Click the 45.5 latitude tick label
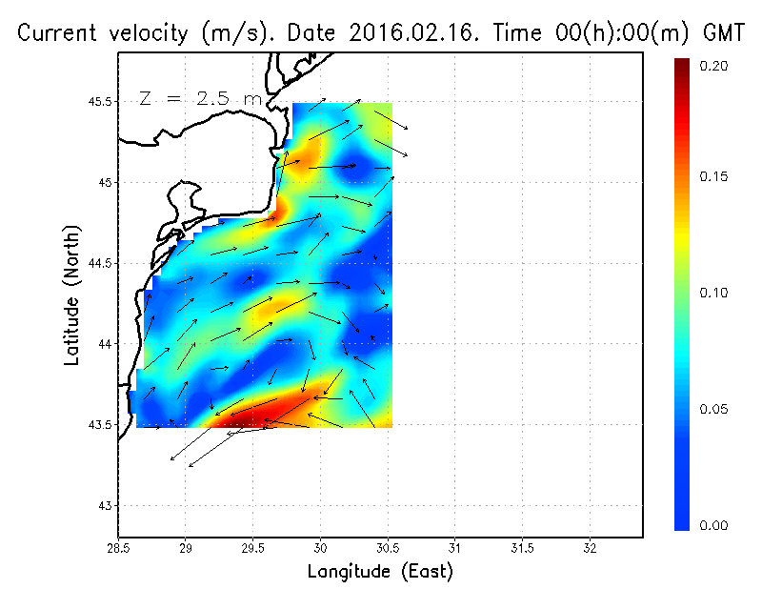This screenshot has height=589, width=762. click(x=100, y=101)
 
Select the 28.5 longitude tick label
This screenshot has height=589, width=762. click(x=118, y=548)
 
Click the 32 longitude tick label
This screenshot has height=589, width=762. click(x=590, y=548)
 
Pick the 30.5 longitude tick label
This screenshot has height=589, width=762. click(x=388, y=548)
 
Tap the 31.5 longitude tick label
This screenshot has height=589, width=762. click(x=522, y=548)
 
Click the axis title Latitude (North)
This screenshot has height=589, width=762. click(x=71, y=295)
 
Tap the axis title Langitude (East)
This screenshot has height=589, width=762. click(x=379, y=571)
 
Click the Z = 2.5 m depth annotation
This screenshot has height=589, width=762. click(x=199, y=98)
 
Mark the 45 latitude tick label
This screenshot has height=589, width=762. click(x=106, y=182)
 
